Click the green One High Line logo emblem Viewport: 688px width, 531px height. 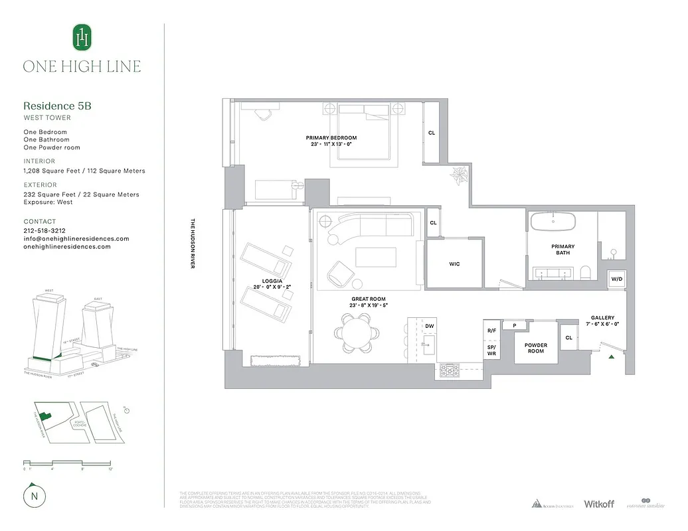coord(81,37)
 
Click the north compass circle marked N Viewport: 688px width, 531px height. coord(33,496)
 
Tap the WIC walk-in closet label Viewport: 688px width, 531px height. coord(454,264)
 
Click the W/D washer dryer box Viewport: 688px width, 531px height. coord(617,279)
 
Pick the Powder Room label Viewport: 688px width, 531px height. coord(536,348)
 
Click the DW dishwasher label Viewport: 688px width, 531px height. coord(430,326)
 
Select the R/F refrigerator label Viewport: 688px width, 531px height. coord(492,330)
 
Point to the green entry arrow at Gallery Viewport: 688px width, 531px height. coord(612,356)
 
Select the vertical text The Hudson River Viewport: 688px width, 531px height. coord(192,244)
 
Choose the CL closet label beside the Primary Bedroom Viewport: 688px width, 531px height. coord(432,133)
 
